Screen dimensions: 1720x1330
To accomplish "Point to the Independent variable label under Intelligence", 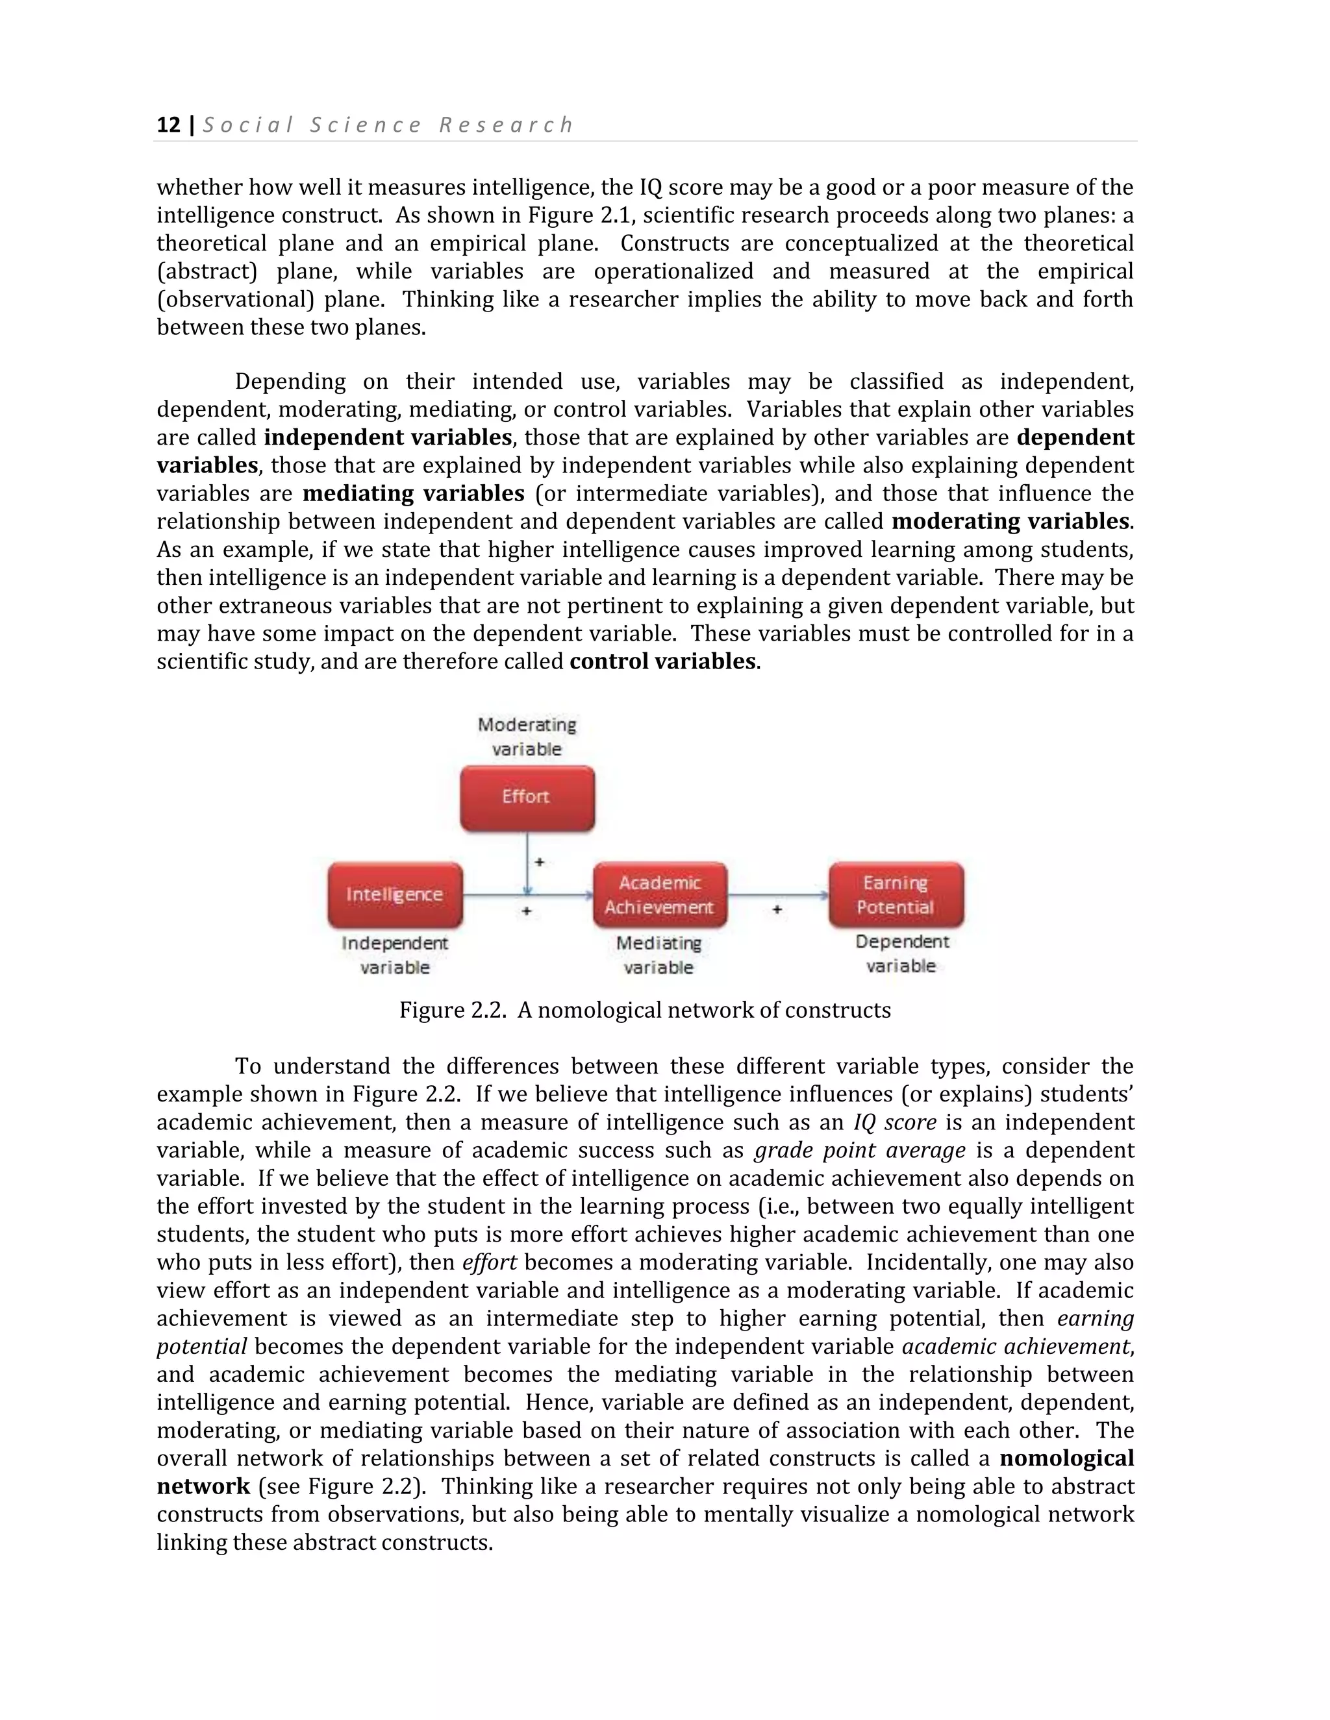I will [395, 955].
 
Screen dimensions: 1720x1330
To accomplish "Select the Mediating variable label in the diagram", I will [659, 955].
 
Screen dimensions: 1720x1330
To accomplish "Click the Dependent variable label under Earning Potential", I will [901, 953].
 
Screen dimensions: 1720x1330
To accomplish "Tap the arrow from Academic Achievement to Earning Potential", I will [777, 894].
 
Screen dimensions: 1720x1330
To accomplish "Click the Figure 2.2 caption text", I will [644, 1011].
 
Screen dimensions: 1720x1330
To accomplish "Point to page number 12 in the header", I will [169, 125].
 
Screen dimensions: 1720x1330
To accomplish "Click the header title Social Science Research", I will [388, 125].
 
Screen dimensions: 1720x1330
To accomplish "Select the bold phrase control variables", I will [662, 661].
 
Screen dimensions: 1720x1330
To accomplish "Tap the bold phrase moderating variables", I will [1012, 521].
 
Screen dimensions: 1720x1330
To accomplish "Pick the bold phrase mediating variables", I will [414, 494].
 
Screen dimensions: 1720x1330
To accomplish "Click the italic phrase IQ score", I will [894, 1122].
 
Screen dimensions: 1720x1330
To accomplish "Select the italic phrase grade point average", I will [860, 1151].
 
